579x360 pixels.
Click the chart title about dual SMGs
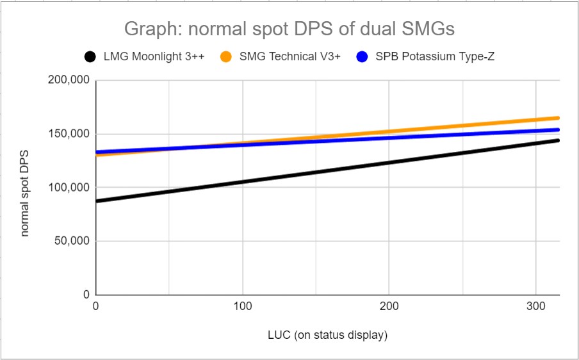tap(289, 29)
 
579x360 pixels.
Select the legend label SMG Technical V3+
tap(289, 56)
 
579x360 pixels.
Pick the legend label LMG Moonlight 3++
tap(153, 56)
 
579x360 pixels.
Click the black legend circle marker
tap(90, 57)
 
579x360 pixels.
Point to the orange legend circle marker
tap(225, 57)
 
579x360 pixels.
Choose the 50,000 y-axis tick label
tap(69, 241)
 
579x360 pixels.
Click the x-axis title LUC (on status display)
tap(327, 335)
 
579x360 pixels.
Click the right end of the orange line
tap(558, 118)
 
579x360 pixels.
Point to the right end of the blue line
tap(558, 130)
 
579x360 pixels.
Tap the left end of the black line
tap(97, 201)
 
